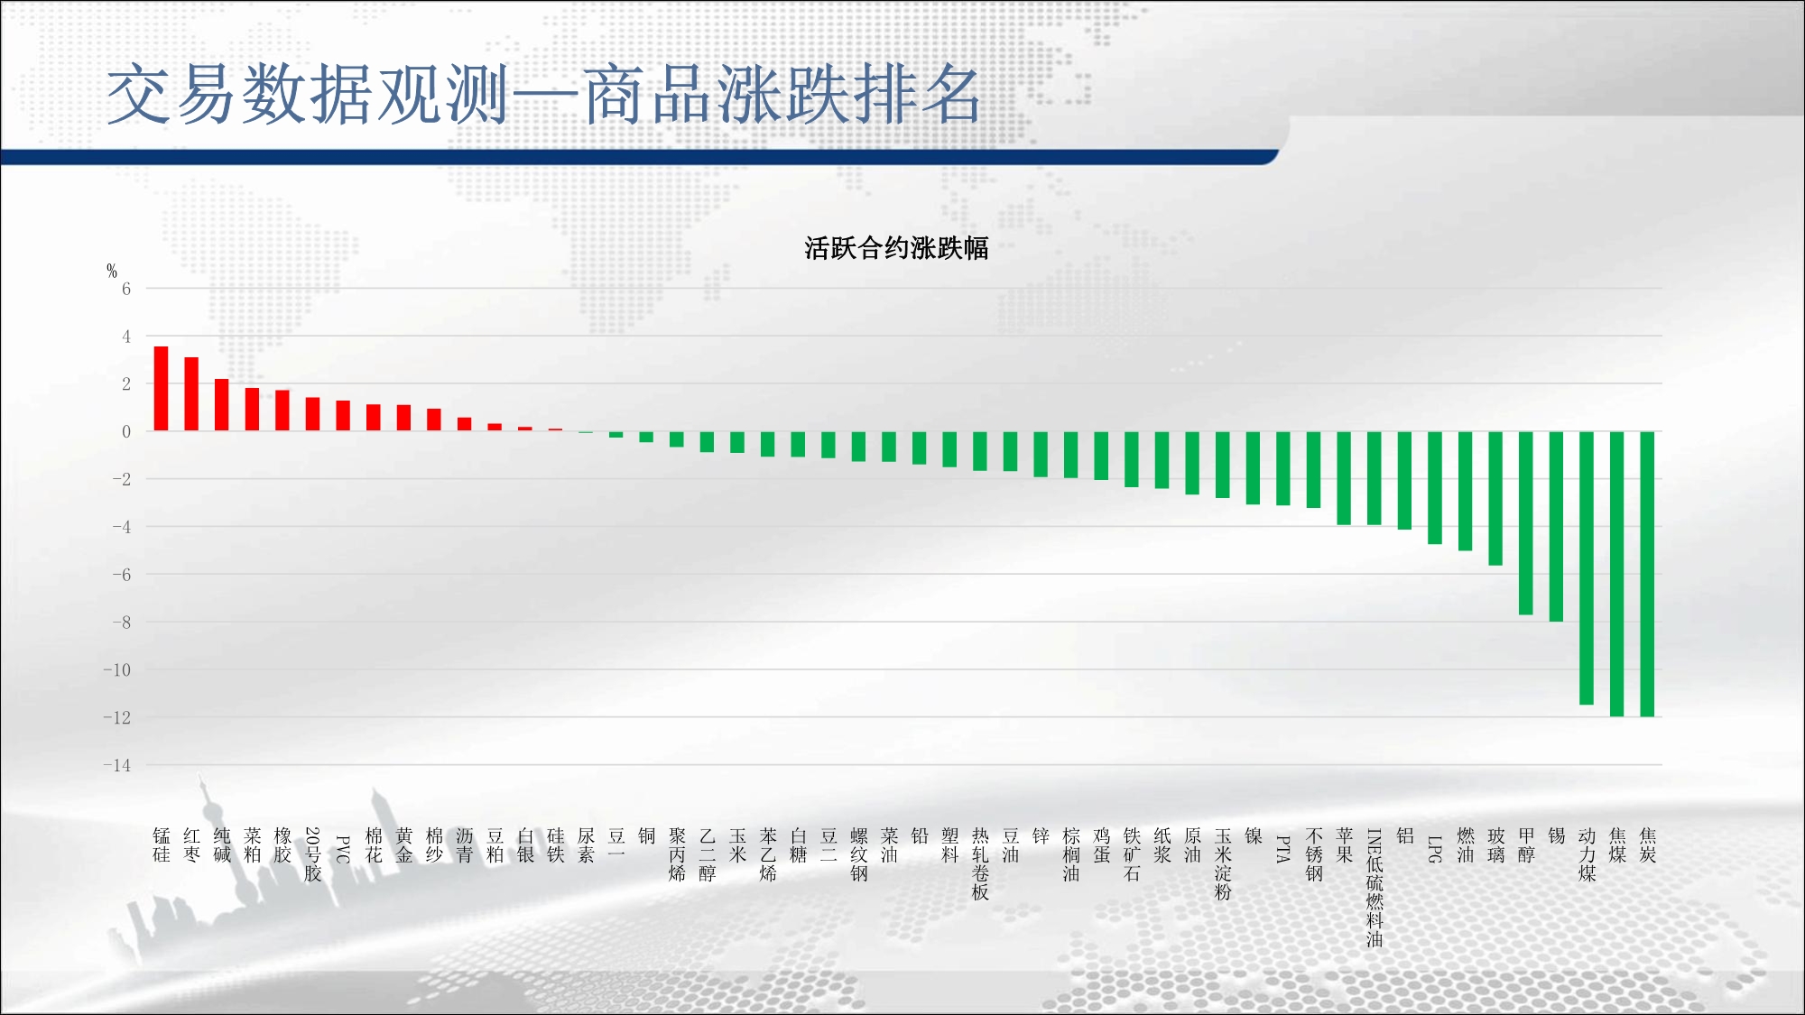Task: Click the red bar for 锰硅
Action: click(161, 388)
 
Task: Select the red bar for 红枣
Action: click(191, 393)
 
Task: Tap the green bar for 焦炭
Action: click(1647, 574)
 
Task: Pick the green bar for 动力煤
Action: click(1587, 567)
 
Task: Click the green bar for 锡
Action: click(1556, 526)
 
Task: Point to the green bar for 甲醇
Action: click(1526, 523)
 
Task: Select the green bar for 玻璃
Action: click(1495, 498)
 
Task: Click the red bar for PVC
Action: click(343, 415)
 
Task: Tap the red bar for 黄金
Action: click(403, 418)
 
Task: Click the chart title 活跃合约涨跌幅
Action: click(896, 248)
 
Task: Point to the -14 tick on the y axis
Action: click(116, 765)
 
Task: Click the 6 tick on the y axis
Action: click(126, 289)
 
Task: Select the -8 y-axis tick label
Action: click(121, 623)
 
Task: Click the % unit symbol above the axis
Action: click(112, 270)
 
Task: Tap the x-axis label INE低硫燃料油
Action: click(1375, 888)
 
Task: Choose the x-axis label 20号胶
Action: click(312, 854)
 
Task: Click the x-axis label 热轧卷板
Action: click(980, 864)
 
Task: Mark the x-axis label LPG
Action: click(1435, 849)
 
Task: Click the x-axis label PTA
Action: click(1283, 849)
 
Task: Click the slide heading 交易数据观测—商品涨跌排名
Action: click(543, 94)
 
